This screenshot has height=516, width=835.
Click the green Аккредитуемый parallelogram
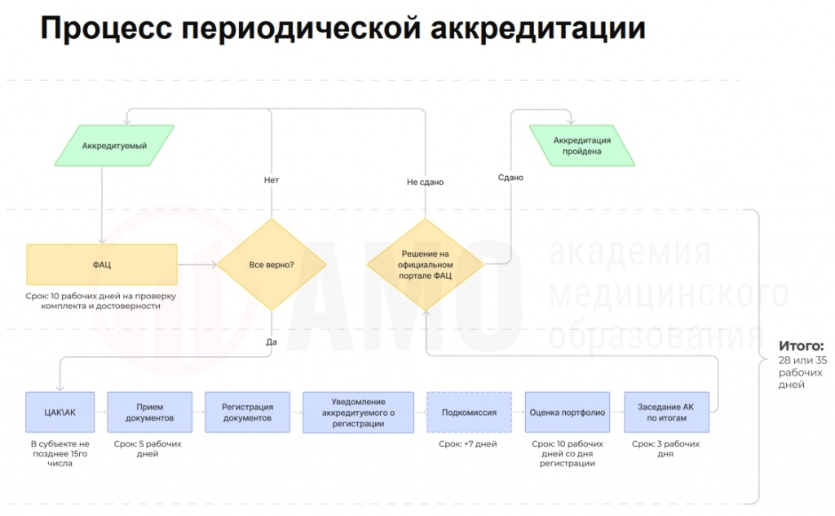(114, 146)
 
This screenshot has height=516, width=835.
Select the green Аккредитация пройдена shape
(581, 146)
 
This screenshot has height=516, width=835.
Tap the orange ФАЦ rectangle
(102, 265)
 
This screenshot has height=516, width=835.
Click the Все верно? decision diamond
(272, 265)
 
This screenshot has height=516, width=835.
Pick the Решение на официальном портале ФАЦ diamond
(425, 265)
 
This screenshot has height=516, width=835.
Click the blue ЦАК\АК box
(61, 412)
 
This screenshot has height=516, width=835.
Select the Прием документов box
(149, 412)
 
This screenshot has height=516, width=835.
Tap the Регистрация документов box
(246, 412)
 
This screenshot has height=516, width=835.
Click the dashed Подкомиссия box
(469, 412)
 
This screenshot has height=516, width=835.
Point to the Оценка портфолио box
(568, 412)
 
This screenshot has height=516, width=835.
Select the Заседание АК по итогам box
(666, 412)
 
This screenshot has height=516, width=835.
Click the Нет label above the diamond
(272, 179)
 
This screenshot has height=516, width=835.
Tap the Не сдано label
(425, 183)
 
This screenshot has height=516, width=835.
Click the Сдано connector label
(510, 177)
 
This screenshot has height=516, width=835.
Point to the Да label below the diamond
(272, 342)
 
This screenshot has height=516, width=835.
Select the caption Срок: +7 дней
(468, 444)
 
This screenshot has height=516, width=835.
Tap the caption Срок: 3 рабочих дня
(665, 449)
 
